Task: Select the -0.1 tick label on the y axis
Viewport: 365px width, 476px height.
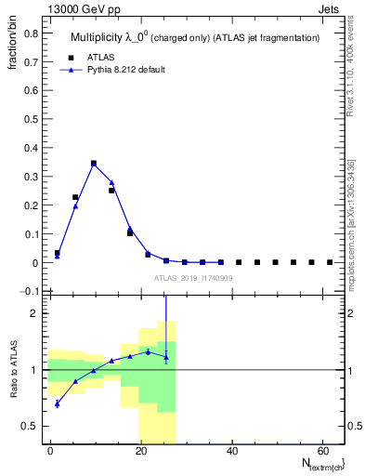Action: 29,292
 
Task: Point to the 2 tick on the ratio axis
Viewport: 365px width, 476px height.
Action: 36,313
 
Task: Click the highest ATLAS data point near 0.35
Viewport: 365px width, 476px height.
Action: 94,164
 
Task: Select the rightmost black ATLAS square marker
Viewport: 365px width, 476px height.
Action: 330,262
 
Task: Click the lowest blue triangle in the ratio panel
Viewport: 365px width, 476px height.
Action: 58,403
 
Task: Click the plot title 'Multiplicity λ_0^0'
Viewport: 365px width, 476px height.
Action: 123,36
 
